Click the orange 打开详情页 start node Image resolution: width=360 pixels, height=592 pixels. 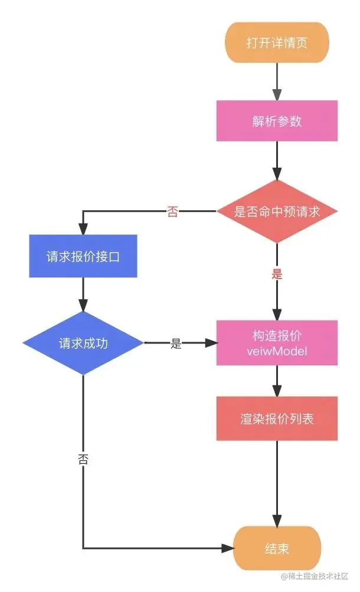pos(277,43)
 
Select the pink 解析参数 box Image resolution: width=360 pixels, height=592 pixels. pos(277,121)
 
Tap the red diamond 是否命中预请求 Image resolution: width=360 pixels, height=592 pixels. pos(277,211)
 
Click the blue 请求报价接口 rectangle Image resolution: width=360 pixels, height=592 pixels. pos(83,256)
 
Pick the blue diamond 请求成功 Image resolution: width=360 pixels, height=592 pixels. pos(83,343)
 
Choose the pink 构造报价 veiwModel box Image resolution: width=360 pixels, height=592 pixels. pos(277,343)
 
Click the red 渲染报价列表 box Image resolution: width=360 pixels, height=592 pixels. pos(277,418)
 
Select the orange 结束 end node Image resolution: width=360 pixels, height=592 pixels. pos(277,548)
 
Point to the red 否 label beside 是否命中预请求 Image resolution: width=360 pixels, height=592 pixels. pos(172,212)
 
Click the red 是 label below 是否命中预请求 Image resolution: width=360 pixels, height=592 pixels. pos(277,274)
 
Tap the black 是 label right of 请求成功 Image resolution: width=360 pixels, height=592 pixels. pos(176,344)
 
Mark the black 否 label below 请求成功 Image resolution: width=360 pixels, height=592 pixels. pos(83,460)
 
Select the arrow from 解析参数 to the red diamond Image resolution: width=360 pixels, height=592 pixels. pos(277,161)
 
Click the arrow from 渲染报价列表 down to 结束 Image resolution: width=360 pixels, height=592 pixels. pos(277,484)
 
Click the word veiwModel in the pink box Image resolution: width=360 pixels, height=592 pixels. pos(277,351)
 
